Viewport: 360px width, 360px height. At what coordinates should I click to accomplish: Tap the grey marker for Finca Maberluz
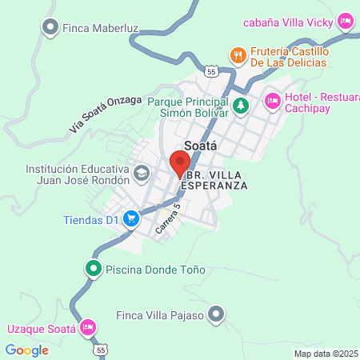[50, 28]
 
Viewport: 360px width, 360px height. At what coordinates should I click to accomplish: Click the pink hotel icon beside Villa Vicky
[346, 20]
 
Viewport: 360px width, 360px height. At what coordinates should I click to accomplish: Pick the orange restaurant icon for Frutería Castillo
[238, 55]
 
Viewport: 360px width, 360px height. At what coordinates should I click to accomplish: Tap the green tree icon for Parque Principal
[241, 104]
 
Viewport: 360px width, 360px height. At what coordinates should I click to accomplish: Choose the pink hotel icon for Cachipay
[271, 101]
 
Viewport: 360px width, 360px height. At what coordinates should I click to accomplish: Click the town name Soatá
[202, 146]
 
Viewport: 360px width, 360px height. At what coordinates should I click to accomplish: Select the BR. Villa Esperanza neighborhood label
[214, 179]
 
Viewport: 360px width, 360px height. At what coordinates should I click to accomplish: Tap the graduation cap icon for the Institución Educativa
[142, 174]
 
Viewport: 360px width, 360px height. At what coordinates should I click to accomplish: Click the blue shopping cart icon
[132, 218]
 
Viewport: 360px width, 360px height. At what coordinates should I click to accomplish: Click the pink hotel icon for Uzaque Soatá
[88, 328]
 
